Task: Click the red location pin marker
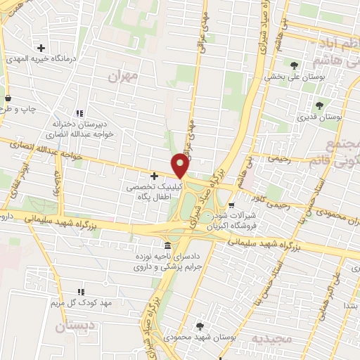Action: [180, 166]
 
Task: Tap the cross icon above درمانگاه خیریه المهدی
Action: [41, 49]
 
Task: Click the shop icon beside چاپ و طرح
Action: [8, 98]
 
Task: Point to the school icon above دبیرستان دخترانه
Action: [80, 113]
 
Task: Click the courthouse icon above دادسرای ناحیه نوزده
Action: [167, 246]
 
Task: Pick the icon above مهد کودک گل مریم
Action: [80, 291]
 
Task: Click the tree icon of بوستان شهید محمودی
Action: [201, 326]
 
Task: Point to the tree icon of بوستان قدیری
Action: [319, 105]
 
